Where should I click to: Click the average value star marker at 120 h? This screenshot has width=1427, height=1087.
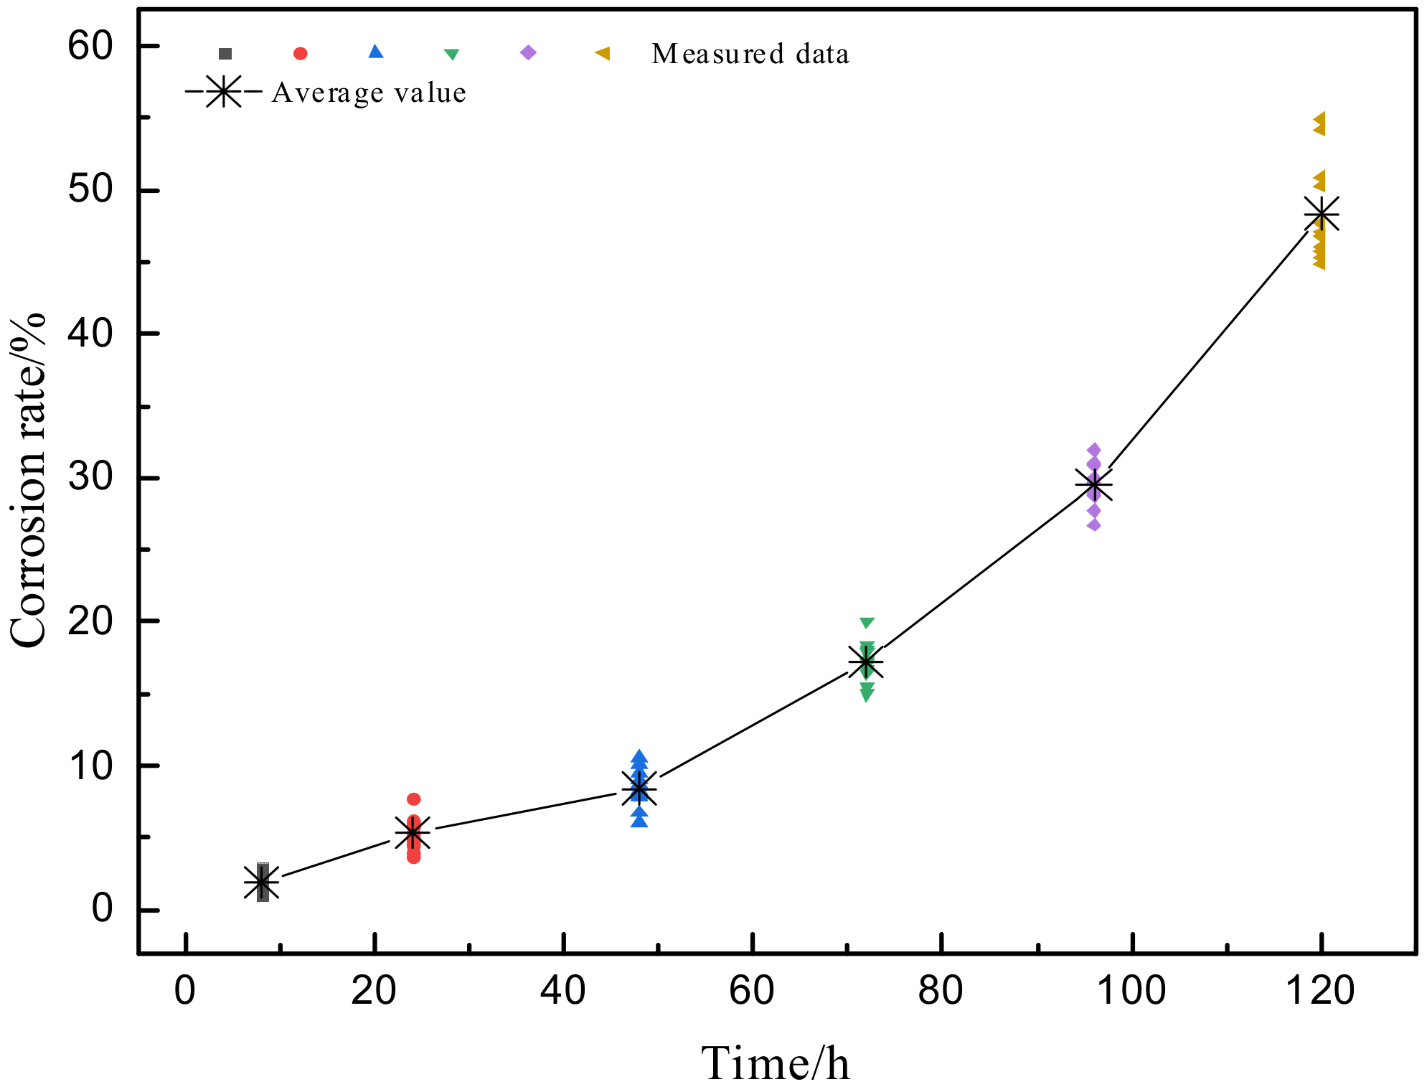click(1321, 214)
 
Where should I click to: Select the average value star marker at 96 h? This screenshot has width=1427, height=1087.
click(1093, 486)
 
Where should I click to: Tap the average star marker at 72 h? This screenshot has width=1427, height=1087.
click(866, 662)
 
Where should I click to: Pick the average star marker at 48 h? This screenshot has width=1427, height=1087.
click(639, 789)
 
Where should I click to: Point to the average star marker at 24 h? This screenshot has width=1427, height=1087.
click(413, 832)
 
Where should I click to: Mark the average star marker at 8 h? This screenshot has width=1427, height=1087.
click(261, 882)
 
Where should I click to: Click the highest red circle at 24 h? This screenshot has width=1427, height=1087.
click(413, 799)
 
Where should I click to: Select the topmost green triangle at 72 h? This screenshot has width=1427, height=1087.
click(867, 622)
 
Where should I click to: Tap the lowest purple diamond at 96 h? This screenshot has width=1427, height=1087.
click(1093, 524)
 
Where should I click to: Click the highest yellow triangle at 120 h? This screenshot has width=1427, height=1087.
click(1319, 119)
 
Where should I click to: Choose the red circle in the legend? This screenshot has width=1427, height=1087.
click(301, 53)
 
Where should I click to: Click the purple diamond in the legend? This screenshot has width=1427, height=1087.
click(528, 52)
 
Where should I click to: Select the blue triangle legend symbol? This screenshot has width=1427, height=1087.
click(376, 52)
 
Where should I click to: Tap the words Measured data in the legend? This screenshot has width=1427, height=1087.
click(750, 54)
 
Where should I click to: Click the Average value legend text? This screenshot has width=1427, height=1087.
click(369, 93)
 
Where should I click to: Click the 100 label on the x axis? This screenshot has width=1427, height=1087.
click(1131, 991)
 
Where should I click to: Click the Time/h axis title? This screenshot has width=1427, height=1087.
click(776, 1063)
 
